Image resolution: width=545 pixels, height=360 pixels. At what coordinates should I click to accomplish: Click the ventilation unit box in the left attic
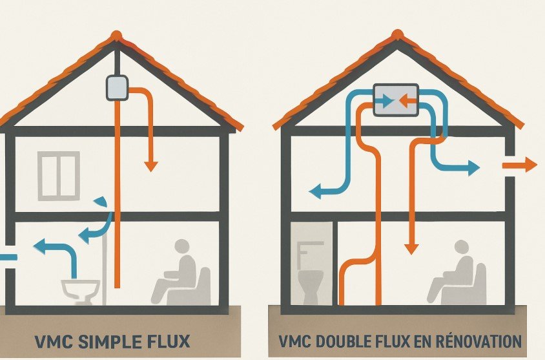pos(117,88)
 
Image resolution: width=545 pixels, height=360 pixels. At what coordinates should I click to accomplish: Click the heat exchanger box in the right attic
pos(396,100)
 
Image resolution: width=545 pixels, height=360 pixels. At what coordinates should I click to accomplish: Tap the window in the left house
pos(59,176)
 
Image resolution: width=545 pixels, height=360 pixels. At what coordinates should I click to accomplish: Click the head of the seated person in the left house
pos(182,247)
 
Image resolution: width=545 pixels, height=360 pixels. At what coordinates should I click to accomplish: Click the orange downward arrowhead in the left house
pos(151,167)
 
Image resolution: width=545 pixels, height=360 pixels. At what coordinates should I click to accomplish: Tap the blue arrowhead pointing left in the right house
pos(315,192)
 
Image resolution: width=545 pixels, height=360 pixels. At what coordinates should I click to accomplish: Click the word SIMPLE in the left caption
pos(107,341)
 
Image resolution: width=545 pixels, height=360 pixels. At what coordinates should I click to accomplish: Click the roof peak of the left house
pos(116,35)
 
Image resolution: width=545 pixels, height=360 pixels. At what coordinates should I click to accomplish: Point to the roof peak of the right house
pos(397,34)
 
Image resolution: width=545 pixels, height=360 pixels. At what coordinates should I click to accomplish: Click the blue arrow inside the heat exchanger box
pos(385,101)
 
